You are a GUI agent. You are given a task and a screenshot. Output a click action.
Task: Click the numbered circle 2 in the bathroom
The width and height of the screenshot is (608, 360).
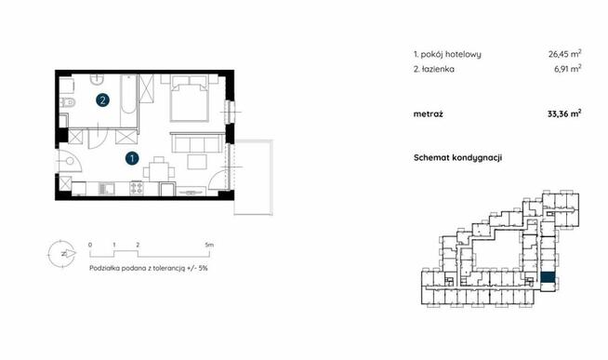(104, 99)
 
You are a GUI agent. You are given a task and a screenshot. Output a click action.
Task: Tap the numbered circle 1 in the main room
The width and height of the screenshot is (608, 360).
(134, 159)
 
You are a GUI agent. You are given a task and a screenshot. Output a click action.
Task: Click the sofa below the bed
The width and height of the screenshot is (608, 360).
(193, 144)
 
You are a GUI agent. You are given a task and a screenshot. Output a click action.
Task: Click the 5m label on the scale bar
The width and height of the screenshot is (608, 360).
(209, 244)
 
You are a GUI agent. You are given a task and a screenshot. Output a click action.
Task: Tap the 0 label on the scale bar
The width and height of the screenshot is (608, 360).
(90, 244)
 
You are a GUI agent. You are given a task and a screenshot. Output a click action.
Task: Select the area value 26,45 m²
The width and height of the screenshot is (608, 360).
(562, 54)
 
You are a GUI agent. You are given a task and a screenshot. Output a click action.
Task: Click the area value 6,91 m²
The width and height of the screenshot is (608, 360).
(566, 69)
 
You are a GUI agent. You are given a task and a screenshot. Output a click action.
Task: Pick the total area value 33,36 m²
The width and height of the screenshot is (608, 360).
(562, 113)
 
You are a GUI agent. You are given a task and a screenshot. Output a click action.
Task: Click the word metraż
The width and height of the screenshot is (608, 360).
(430, 113)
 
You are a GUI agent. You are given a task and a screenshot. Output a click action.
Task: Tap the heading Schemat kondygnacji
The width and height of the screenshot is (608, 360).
(458, 158)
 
